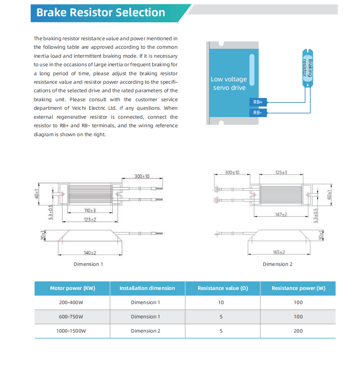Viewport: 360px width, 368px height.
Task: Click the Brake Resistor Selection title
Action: pyautogui.click(x=100, y=13)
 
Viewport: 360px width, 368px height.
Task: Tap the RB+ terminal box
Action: pyautogui.click(x=258, y=102)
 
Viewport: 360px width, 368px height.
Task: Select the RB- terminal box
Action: pyautogui.click(x=258, y=113)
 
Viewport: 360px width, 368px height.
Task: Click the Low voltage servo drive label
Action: pyautogui.click(x=229, y=83)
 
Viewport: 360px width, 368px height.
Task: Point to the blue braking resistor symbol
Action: pyautogui.click(x=307, y=68)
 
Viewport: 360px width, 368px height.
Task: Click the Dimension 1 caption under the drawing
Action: pyautogui.click(x=88, y=264)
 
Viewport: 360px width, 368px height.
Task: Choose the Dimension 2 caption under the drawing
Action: pyautogui.click(x=277, y=264)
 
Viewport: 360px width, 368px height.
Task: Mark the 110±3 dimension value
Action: pyautogui.click(x=90, y=211)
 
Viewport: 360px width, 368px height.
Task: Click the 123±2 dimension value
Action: pyautogui.click(x=90, y=220)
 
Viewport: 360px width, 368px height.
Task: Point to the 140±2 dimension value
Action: pyautogui.click(x=90, y=253)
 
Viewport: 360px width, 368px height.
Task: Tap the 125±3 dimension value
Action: pyautogui.click(x=281, y=173)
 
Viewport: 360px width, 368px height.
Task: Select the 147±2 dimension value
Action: pyautogui.click(x=281, y=214)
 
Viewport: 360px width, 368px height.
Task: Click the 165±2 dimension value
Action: pyautogui.click(x=279, y=253)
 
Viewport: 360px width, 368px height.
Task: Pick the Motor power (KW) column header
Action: pyautogui.click(x=72, y=288)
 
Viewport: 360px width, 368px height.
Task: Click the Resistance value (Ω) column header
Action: pyautogui.click(x=223, y=288)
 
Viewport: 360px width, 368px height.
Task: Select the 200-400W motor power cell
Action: pyautogui.click(x=71, y=303)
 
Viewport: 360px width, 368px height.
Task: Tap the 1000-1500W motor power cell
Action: pyautogui.click(x=71, y=331)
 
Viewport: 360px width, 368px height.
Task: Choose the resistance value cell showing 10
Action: pyautogui.click(x=221, y=303)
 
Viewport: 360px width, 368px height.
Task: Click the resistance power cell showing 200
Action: pyautogui.click(x=298, y=331)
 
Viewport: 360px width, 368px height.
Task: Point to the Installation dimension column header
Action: pyautogui.click(x=147, y=288)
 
